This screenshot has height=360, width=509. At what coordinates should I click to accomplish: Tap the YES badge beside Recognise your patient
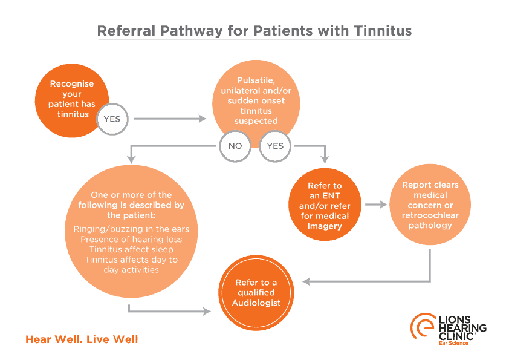point(112,119)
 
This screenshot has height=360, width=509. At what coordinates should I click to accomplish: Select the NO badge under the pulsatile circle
point(235,146)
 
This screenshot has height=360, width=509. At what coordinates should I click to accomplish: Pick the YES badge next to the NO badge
point(275,146)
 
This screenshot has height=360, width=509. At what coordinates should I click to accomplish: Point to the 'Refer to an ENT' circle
point(325,206)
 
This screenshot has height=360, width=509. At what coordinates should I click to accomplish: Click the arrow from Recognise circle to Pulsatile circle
point(170,119)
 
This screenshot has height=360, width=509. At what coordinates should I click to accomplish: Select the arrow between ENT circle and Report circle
point(375,205)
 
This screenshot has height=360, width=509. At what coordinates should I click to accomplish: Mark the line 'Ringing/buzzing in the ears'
point(131,229)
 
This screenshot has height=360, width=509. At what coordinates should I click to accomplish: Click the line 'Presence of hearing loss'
point(131,239)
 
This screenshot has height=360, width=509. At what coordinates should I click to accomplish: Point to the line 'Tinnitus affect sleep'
point(131,249)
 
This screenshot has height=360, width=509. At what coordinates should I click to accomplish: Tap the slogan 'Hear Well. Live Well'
point(82,339)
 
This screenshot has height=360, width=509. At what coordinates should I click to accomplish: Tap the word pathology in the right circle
point(430,225)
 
